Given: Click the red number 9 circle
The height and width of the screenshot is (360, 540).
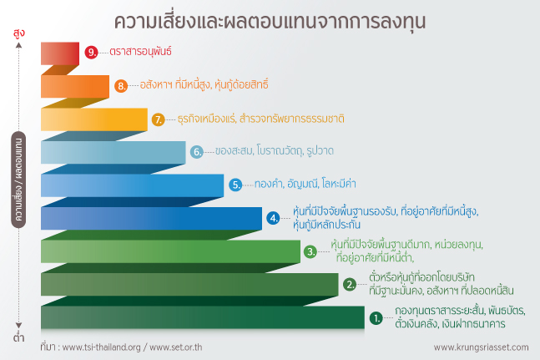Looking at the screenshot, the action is [x=91, y=52].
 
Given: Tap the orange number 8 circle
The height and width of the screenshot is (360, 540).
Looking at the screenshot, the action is [x=121, y=85].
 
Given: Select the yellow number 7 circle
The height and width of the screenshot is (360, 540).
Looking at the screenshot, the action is [x=159, y=119].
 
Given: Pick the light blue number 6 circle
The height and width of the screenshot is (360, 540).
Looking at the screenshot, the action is [x=197, y=151].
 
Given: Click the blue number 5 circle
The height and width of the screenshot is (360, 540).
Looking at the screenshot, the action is [x=235, y=185].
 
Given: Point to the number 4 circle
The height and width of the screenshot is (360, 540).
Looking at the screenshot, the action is [x=274, y=218].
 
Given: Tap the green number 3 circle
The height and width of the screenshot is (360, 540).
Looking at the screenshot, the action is [x=310, y=251].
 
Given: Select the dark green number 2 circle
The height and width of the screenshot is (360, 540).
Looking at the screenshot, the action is [x=350, y=285].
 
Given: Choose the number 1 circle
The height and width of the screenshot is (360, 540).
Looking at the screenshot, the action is [x=376, y=318].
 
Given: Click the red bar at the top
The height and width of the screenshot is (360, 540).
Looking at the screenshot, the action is [x=60, y=53].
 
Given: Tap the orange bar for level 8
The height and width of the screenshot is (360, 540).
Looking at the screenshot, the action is [x=75, y=86].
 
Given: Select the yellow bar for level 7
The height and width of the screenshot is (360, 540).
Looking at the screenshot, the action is [x=94, y=119].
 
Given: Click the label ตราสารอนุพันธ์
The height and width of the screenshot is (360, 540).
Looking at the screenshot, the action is [x=140, y=52].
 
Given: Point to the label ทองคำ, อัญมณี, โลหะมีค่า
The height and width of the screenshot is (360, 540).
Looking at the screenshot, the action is [x=305, y=184].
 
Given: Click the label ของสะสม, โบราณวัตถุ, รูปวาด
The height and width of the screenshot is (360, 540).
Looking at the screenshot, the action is [x=275, y=150].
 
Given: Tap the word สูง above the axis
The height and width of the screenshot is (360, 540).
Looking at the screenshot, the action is [x=19, y=33].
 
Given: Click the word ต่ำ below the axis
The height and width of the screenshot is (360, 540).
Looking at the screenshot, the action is [x=18, y=337].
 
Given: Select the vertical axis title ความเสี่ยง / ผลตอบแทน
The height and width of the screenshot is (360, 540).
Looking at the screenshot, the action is [x=18, y=180].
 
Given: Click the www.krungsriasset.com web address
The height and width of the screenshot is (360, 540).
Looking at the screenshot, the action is [x=481, y=347].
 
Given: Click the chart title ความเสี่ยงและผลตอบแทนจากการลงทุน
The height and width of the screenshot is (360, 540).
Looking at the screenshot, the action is [x=270, y=22].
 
